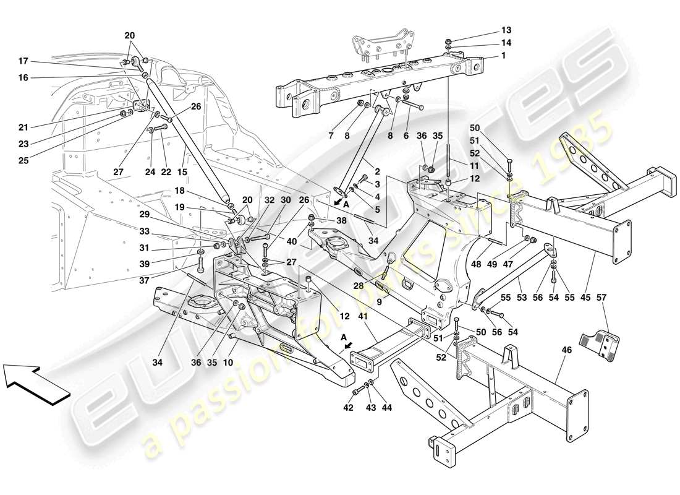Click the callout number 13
(x=506, y=30)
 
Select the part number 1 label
(x=503, y=56)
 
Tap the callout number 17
(x=23, y=61)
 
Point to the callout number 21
(x=23, y=127)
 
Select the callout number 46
(x=567, y=350)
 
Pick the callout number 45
(x=584, y=298)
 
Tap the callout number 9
(x=381, y=303)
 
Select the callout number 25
(x=23, y=160)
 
